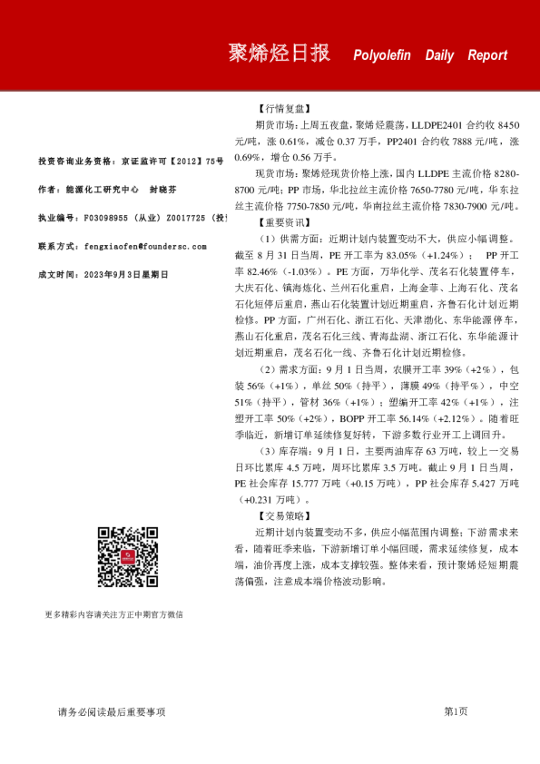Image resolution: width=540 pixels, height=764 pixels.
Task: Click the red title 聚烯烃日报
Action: pos(279,54)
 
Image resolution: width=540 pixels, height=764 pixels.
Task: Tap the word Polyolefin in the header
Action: pos(385,55)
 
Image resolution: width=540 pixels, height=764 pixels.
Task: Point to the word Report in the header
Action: pos(487,55)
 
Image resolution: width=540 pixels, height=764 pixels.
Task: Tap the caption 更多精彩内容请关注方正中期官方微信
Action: pos(113,614)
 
